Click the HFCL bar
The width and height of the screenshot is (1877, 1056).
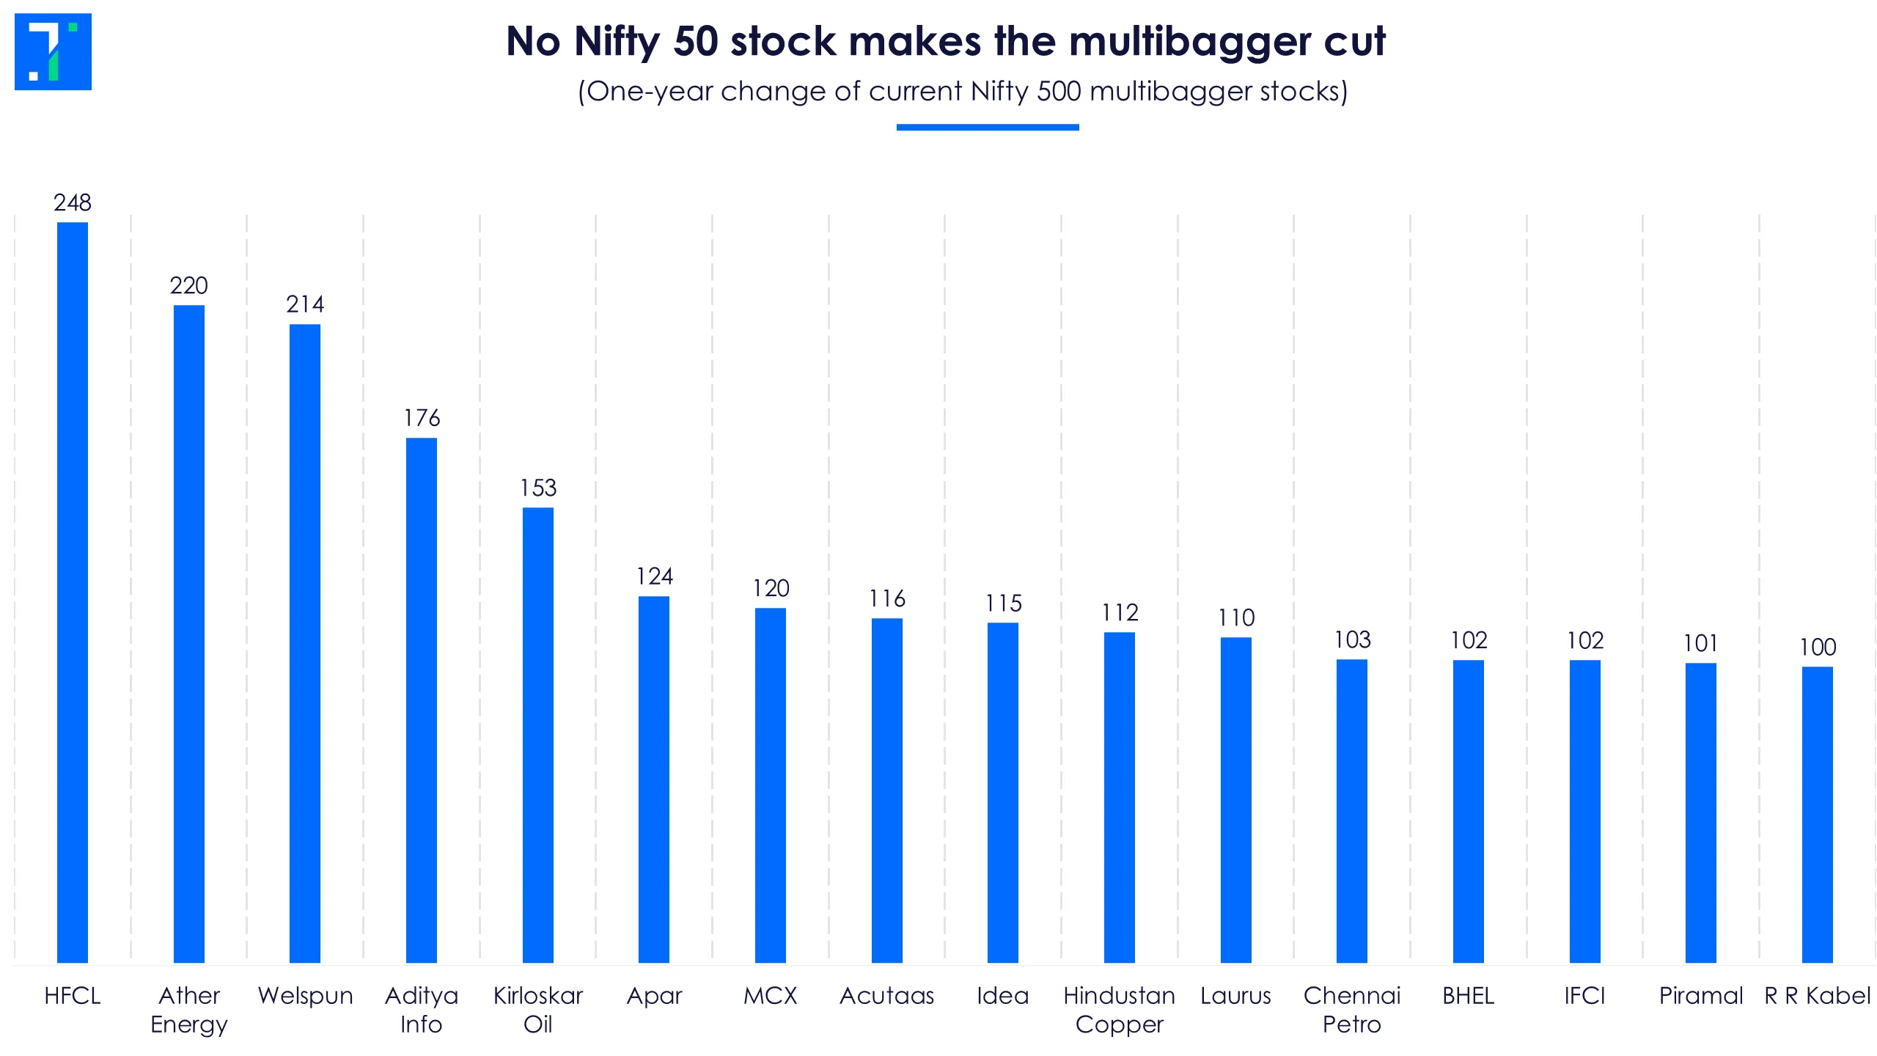(x=73, y=592)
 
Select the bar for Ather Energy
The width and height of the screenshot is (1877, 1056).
(x=189, y=634)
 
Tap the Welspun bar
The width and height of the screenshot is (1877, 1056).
(x=305, y=643)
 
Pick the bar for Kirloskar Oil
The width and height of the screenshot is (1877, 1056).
(x=538, y=735)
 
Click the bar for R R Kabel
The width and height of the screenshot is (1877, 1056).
(x=1818, y=814)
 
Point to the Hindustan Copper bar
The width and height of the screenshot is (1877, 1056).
(x=1120, y=797)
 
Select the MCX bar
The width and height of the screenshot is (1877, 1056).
(x=771, y=785)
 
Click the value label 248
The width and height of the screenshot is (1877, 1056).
(x=73, y=202)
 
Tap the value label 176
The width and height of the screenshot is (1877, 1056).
(x=422, y=418)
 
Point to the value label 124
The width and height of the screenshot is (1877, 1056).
(x=654, y=576)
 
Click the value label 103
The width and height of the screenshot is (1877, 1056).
(x=1352, y=639)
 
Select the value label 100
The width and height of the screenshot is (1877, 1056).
(x=1818, y=647)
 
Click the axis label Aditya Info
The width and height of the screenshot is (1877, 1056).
(x=422, y=1010)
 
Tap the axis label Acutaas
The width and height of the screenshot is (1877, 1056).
(x=887, y=995)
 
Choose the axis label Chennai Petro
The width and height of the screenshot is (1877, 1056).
(x=1352, y=1010)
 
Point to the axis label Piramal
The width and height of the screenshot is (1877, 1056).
(x=1701, y=995)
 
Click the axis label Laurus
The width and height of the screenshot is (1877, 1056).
(x=1235, y=995)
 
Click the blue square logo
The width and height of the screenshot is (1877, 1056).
(x=53, y=51)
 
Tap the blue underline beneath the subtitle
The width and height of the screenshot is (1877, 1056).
(x=988, y=128)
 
